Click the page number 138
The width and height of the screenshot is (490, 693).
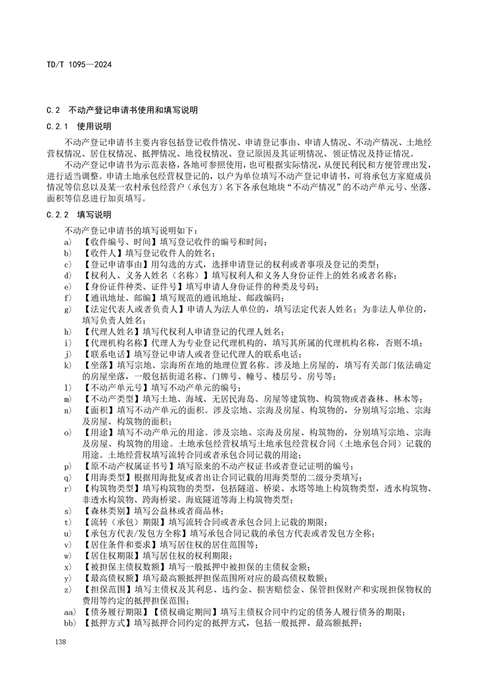coord(61,643)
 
